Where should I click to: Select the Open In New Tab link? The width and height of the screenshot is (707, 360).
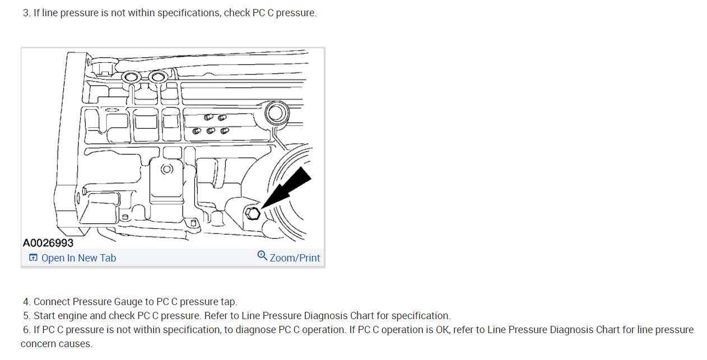point(78,258)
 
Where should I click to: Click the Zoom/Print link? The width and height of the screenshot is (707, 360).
point(295,258)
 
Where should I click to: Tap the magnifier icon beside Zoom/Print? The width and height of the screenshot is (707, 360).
point(262,256)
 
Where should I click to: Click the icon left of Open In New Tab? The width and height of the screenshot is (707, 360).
point(34,258)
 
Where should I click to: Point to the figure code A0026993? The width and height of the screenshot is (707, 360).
point(48,243)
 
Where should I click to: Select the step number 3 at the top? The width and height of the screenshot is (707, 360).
point(26,13)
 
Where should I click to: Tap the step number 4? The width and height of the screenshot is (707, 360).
point(26,302)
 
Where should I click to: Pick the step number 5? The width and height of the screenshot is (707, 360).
point(26,316)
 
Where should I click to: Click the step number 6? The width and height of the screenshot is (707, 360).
point(26,330)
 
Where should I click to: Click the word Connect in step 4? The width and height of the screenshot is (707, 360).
point(52,302)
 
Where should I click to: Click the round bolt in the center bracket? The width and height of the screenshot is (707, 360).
point(166,169)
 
